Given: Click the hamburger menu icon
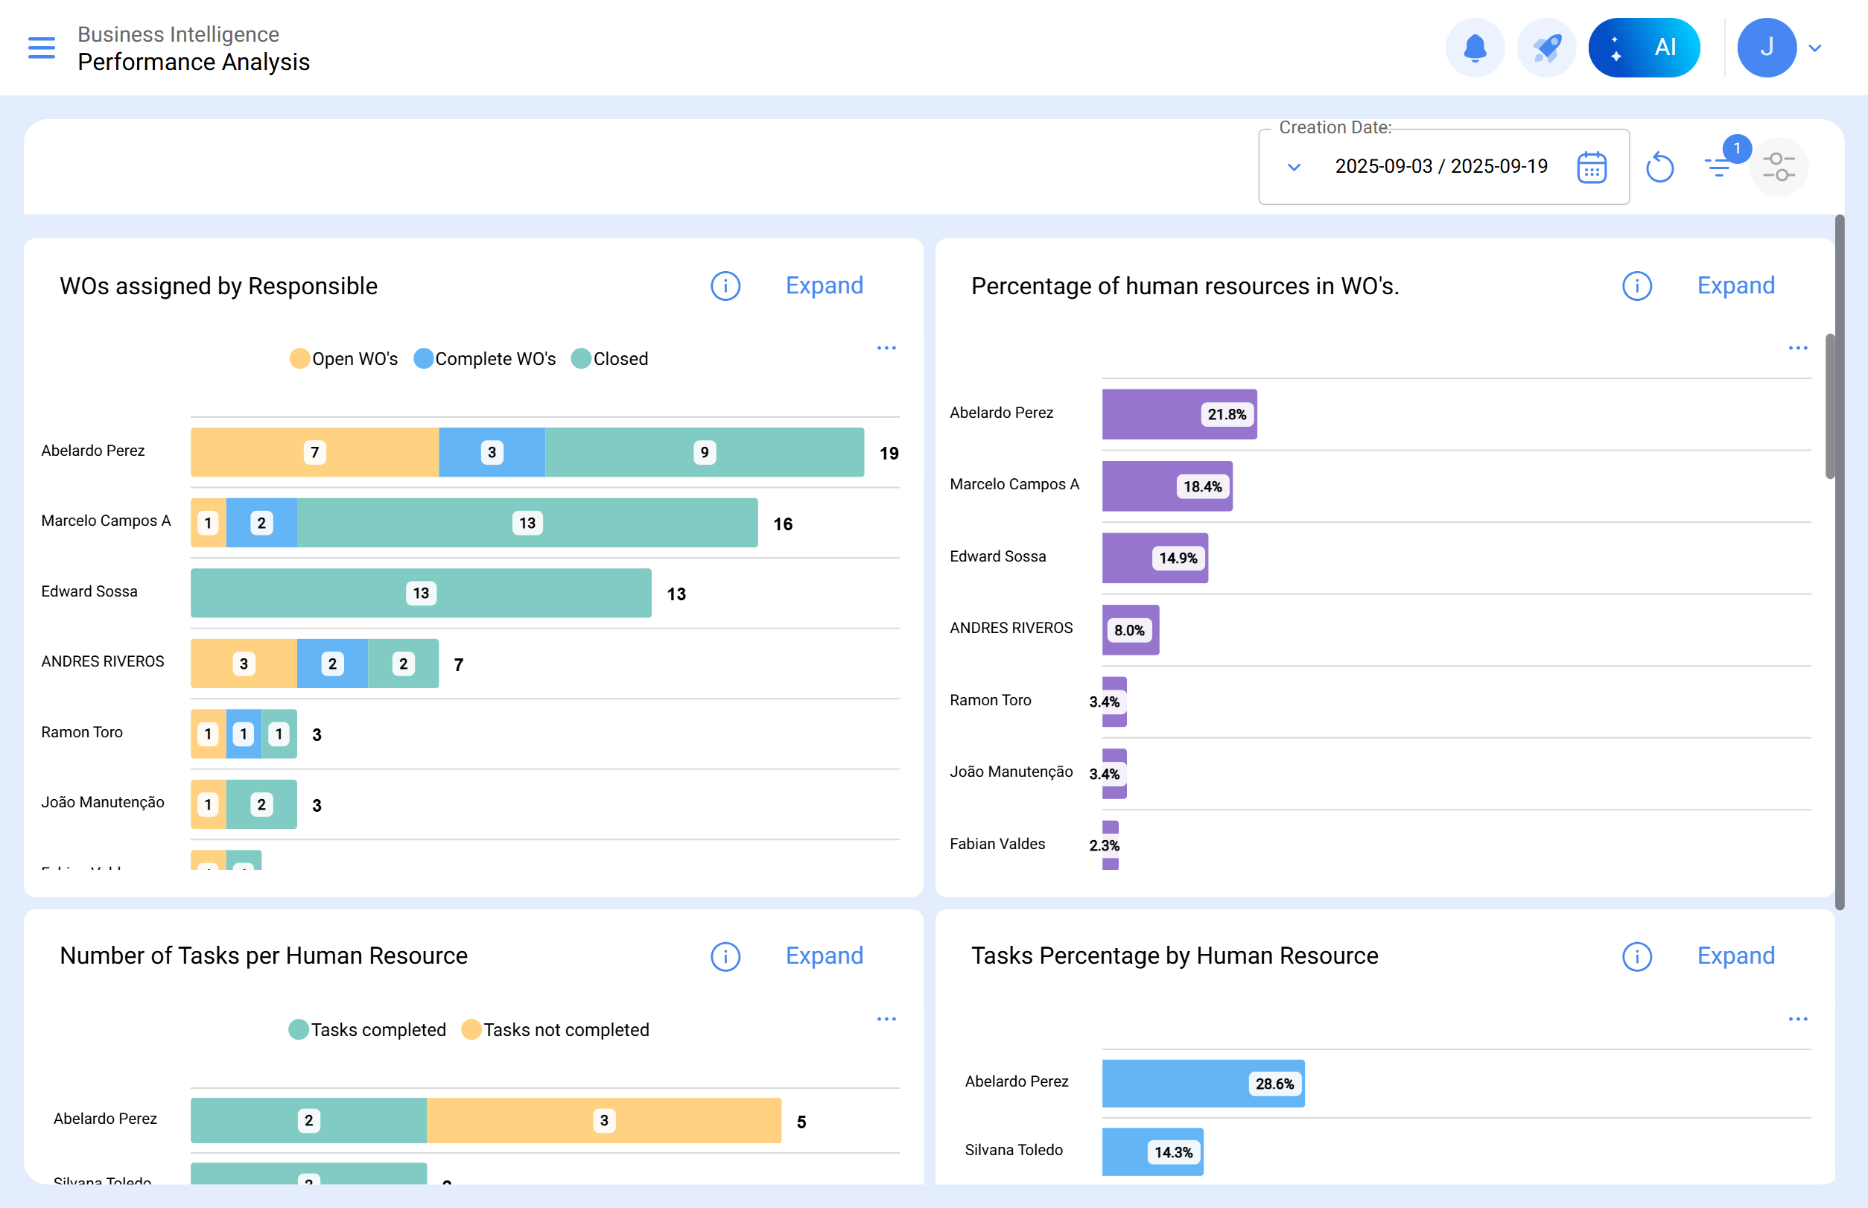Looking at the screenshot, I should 42,48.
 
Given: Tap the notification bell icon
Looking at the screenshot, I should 1474,48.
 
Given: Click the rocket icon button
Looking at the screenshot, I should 1545,48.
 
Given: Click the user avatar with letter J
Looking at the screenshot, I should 1766,48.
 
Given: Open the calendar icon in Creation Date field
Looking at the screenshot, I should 1591,167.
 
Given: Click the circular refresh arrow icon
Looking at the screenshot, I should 1659,167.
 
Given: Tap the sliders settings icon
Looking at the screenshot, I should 1778,167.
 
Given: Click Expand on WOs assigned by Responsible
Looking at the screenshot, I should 824,285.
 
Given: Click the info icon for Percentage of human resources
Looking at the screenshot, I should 1636,286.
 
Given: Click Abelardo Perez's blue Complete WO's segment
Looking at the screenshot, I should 492,452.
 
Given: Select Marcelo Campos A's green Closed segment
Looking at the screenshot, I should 527,522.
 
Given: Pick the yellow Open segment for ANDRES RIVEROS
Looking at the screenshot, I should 244,664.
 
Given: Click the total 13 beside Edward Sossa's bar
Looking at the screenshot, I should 676,594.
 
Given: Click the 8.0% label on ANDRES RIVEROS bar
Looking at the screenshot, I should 1129,630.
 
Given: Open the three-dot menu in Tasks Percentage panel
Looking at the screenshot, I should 1797,1019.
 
